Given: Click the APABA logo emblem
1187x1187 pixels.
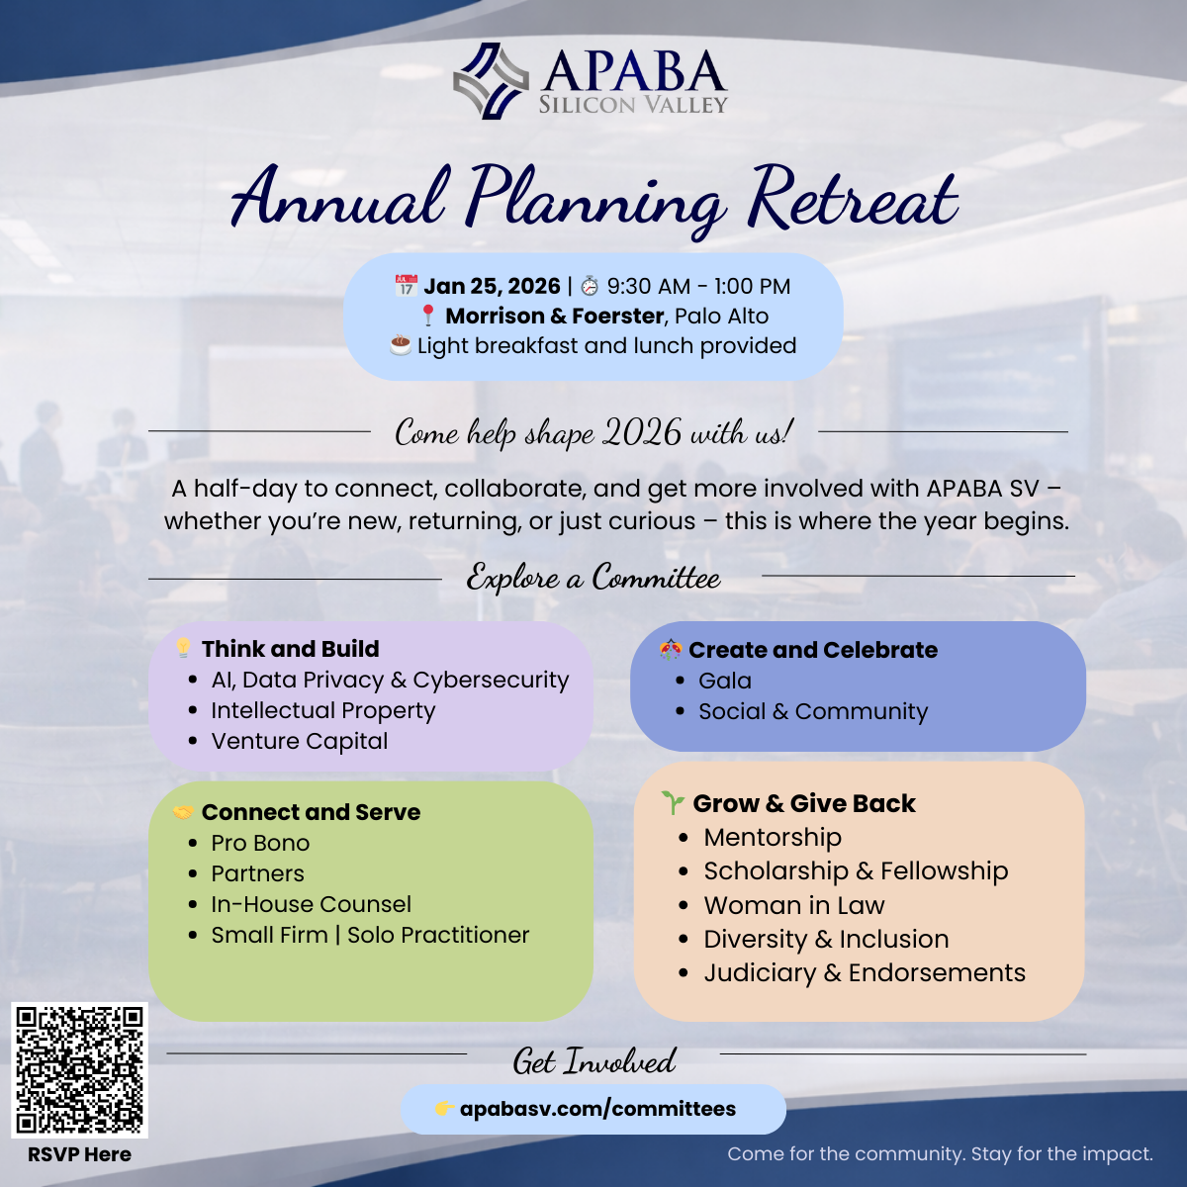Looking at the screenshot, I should [x=491, y=80].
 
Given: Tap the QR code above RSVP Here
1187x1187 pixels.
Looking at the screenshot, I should [x=79, y=1069].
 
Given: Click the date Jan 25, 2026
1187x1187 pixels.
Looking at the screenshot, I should [x=492, y=287].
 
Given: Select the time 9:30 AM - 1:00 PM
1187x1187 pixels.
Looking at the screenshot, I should [x=698, y=287].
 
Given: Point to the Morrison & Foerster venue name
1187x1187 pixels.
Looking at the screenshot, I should [x=554, y=317].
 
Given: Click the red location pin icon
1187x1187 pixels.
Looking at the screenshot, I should [x=428, y=317].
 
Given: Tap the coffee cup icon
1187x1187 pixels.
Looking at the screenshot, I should [x=400, y=345].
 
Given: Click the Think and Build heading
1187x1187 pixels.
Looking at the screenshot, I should [x=290, y=649].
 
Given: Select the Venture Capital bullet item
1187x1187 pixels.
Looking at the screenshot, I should [x=299, y=741].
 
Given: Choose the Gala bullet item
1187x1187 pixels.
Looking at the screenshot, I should [x=724, y=681].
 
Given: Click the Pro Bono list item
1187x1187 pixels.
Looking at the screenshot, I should [x=260, y=843].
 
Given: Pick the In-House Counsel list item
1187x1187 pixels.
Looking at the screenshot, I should [x=311, y=904].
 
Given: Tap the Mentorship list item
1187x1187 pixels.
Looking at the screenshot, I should [x=772, y=837].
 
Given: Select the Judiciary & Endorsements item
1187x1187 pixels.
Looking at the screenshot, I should [x=864, y=972].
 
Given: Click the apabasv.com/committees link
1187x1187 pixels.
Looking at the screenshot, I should [x=597, y=1109].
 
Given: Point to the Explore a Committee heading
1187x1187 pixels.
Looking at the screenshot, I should [x=593, y=578].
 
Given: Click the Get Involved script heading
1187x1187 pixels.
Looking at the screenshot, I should [x=593, y=1061].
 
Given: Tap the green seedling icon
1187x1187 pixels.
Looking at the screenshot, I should [x=673, y=802].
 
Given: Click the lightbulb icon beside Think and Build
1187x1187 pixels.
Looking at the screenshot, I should [x=183, y=648].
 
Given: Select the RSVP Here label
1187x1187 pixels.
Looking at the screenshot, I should [x=79, y=1154].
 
